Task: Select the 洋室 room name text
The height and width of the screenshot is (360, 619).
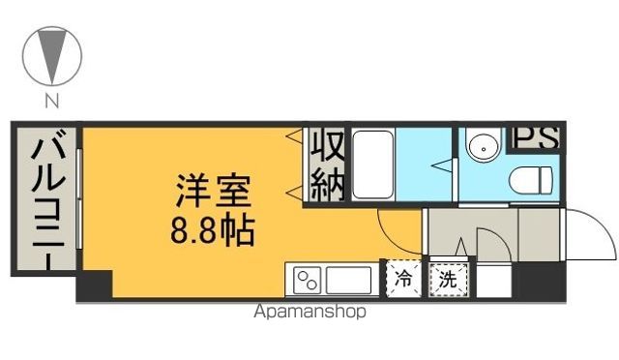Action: click(x=214, y=190)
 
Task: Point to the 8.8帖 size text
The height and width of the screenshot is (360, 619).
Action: click(x=214, y=230)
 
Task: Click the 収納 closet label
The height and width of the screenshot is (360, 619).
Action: click(x=327, y=166)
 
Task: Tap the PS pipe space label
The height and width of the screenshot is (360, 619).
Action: click(x=534, y=138)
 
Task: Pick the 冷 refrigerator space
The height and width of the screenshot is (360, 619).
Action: click(x=403, y=280)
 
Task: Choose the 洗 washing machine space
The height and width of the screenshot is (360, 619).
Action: click(x=448, y=280)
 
